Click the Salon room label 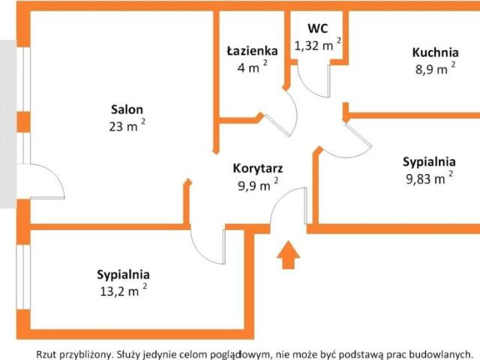click(x=127, y=109)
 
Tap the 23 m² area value click(x=127, y=125)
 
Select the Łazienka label click(x=252, y=50)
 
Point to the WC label click(x=318, y=28)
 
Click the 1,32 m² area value click(x=318, y=45)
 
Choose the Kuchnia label click(x=435, y=52)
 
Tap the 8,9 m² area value click(x=435, y=68)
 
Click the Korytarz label click(x=258, y=169)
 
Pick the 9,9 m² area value click(x=258, y=184)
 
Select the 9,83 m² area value click(x=430, y=178)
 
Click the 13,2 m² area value click(x=123, y=290)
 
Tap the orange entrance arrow click(x=288, y=255)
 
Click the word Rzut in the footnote click(x=46, y=354)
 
